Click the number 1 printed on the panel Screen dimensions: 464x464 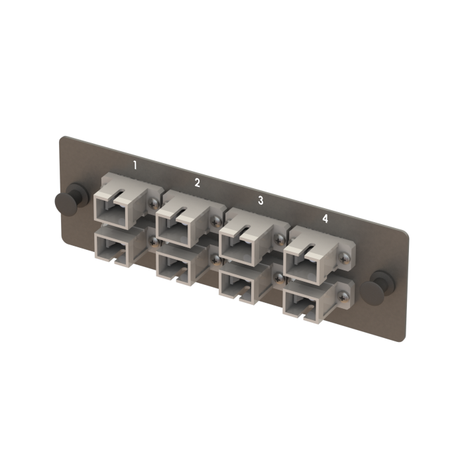135,164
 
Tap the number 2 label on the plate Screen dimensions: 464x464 197,182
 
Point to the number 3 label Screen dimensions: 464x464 261,200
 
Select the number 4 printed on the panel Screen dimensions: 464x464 325,217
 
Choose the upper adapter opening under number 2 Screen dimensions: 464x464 176,226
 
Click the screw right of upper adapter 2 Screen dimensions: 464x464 217,219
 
